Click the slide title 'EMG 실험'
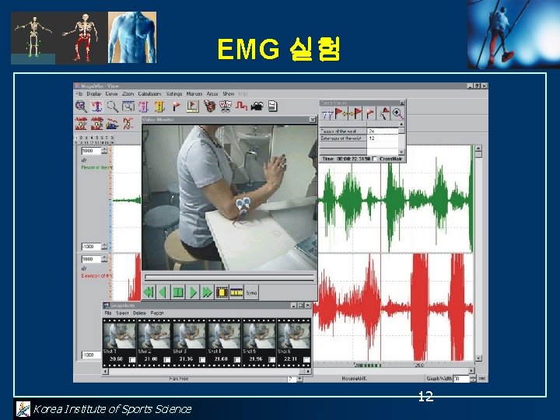pyautogui.click(x=278, y=50)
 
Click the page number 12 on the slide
pyautogui.click(x=425, y=397)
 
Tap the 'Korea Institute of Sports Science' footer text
pyautogui.click(x=112, y=409)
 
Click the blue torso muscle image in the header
pyautogui.click(x=131, y=37)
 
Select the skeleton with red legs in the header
pyautogui.click(x=82, y=37)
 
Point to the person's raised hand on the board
pyautogui.click(x=277, y=163)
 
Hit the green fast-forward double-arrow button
pyautogui.click(x=207, y=292)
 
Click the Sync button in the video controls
pyautogui.click(x=251, y=293)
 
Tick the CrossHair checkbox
pyautogui.click(x=375, y=159)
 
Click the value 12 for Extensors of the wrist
pyautogui.click(x=372, y=138)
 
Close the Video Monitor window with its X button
pyautogui.click(x=313, y=120)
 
